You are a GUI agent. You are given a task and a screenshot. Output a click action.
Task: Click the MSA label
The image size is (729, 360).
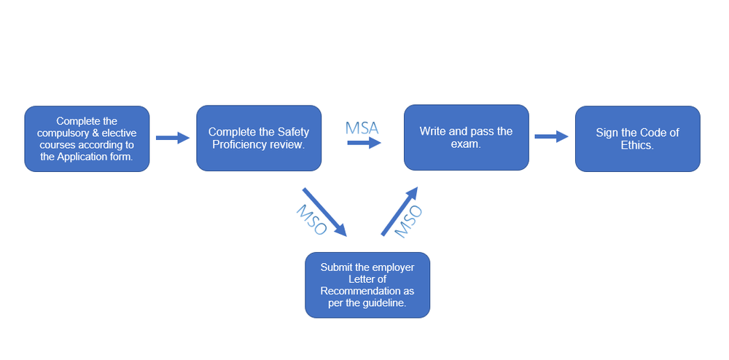[362, 128]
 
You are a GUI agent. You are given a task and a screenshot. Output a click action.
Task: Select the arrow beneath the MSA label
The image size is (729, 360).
[364, 144]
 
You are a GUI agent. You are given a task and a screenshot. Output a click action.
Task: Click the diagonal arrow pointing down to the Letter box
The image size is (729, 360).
[324, 212]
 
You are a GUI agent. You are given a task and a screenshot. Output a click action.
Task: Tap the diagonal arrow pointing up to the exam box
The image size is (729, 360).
[399, 211]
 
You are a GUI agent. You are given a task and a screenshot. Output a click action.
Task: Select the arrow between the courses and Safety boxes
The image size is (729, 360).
[173, 138]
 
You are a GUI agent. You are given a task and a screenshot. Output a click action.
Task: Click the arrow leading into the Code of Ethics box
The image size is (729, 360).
[551, 136]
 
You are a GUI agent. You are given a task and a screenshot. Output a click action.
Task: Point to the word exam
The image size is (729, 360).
[466, 144]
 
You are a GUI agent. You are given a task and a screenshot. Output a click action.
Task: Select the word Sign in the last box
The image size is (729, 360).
[607, 133]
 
